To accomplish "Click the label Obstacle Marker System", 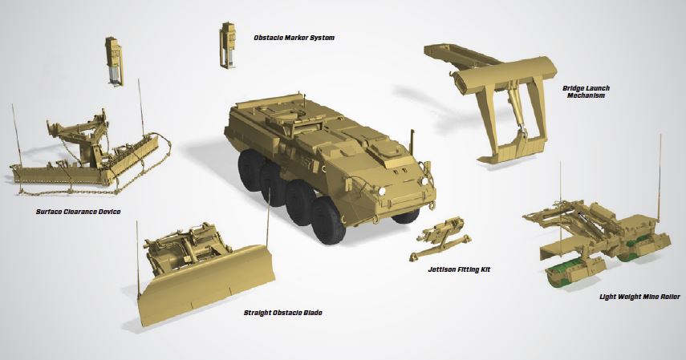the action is pos(294,38).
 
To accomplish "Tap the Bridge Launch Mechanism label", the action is pos(586,92).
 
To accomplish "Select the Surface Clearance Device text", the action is pos(79,212).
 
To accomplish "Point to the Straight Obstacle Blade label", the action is pos(283,313).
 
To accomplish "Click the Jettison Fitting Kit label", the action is pos(460,270).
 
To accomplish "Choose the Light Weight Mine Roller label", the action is pos(639,297).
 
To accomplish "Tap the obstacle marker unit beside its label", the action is pos(228,45).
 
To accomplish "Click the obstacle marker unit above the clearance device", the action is pos(115,61).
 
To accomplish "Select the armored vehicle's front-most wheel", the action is pos(327,220).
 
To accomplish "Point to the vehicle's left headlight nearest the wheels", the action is pos(381,191).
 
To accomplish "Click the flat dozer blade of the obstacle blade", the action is pos(206,285).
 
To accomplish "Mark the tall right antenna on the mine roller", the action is pos(660,179).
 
